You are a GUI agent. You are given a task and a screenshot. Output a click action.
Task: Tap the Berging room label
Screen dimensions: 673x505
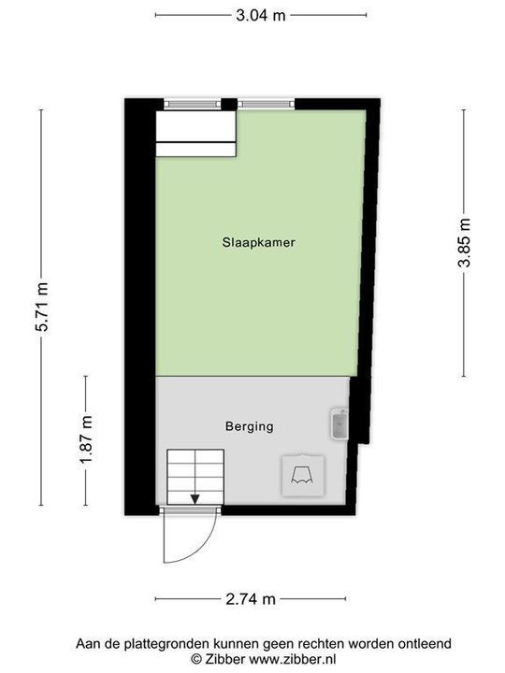[249, 426]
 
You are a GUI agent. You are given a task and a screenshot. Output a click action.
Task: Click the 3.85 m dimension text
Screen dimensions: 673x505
[464, 244]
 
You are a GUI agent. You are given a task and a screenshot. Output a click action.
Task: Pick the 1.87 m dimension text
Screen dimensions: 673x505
[85, 440]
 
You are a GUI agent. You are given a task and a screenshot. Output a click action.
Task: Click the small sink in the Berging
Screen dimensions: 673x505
[338, 424]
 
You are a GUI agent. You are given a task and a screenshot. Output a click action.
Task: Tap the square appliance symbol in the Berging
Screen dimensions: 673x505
[302, 475]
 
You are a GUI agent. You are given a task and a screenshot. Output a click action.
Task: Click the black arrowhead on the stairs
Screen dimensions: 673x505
[195, 499]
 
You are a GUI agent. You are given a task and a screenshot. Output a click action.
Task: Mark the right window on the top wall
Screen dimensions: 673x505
[266, 104]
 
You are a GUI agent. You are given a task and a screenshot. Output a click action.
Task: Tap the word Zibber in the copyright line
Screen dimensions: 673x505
[222, 658]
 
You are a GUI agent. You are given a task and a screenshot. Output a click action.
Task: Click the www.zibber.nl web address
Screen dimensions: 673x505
[281, 658]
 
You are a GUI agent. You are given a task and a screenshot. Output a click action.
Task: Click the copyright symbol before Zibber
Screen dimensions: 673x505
[195, 658]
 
